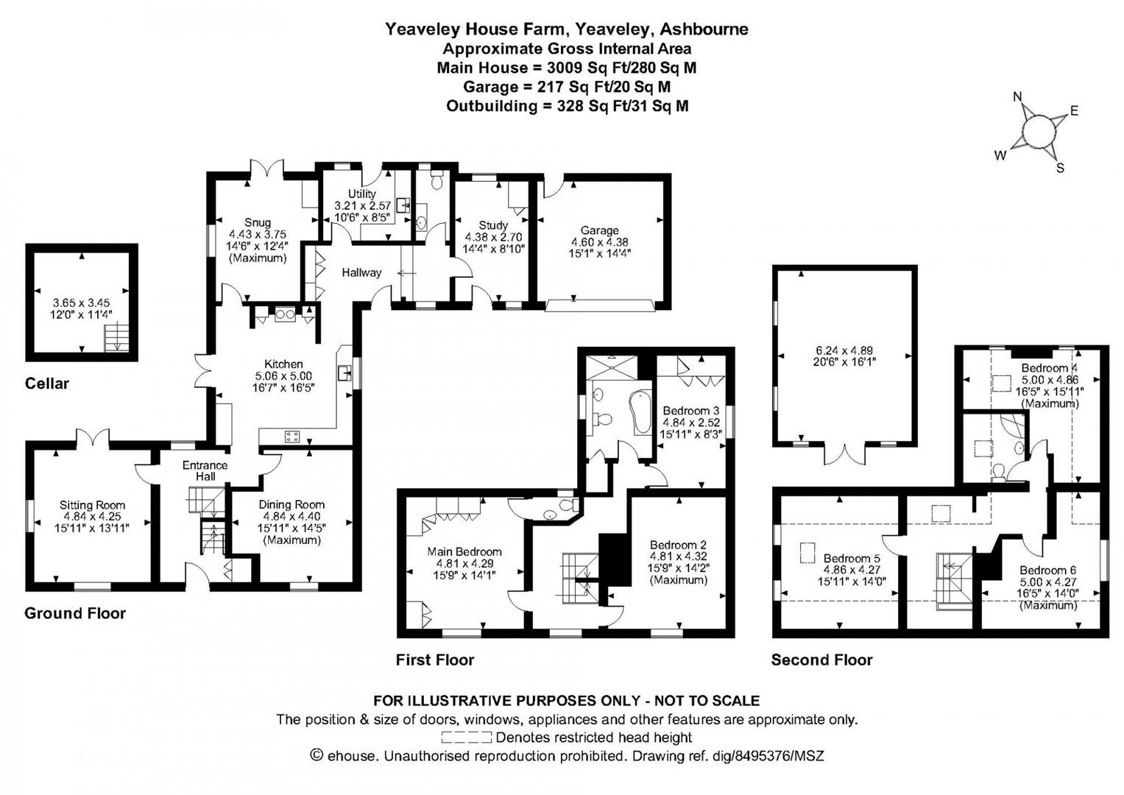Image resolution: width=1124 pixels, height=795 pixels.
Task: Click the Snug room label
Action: [258, 222]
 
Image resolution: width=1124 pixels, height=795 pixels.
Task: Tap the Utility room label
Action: [361, 194]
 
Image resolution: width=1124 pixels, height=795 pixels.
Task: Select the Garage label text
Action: [599, 230]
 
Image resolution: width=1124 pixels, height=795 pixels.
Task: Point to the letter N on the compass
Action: [1018, 96]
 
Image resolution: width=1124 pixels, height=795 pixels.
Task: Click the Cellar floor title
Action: [46, 384]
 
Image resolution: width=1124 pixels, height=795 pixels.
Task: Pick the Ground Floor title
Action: [75, 613]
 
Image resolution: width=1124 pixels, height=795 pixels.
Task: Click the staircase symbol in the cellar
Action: [114, 339]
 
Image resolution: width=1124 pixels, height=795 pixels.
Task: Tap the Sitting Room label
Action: [92, 505]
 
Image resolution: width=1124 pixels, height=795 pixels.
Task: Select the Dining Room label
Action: [291, 504]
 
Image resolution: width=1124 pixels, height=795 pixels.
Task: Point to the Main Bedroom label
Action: [464, 551]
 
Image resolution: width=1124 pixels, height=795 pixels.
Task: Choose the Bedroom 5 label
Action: [852, 558]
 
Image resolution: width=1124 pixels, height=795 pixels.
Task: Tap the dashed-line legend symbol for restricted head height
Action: [466, 737]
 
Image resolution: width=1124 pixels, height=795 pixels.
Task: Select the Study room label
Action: [493, 225]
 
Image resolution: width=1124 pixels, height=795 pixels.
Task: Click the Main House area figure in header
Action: [567, 68]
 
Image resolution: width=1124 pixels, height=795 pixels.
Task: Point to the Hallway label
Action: [361, 272]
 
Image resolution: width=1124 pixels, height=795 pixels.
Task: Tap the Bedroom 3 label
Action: [690, 411]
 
